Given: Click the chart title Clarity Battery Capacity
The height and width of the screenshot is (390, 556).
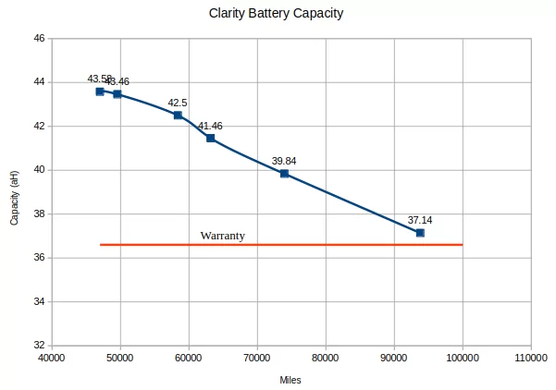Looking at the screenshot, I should (277, 14).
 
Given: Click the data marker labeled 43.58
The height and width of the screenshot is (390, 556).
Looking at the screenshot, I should (100, 91).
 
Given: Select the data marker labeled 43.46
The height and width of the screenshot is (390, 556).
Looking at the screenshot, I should (117, 94).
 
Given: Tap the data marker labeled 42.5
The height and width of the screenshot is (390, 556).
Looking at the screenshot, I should (178, 115).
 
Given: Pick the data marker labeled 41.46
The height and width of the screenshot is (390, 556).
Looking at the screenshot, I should (211, 138).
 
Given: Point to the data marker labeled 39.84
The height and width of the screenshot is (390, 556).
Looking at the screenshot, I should (284, 174).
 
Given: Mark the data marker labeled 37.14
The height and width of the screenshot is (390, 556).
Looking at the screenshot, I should (420, 233).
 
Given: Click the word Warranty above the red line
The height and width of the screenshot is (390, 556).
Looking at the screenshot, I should (223, 236).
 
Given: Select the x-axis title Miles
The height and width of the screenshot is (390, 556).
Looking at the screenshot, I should (290, 380).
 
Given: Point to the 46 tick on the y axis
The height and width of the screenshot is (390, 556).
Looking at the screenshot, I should (39, 38).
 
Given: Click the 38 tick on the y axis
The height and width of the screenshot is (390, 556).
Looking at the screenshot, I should (39, 213).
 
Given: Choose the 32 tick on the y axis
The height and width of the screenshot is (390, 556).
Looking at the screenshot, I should (39, 346).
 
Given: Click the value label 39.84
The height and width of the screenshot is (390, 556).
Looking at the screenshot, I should (284, 161).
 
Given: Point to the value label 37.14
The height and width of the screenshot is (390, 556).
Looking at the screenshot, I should (420, 220).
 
